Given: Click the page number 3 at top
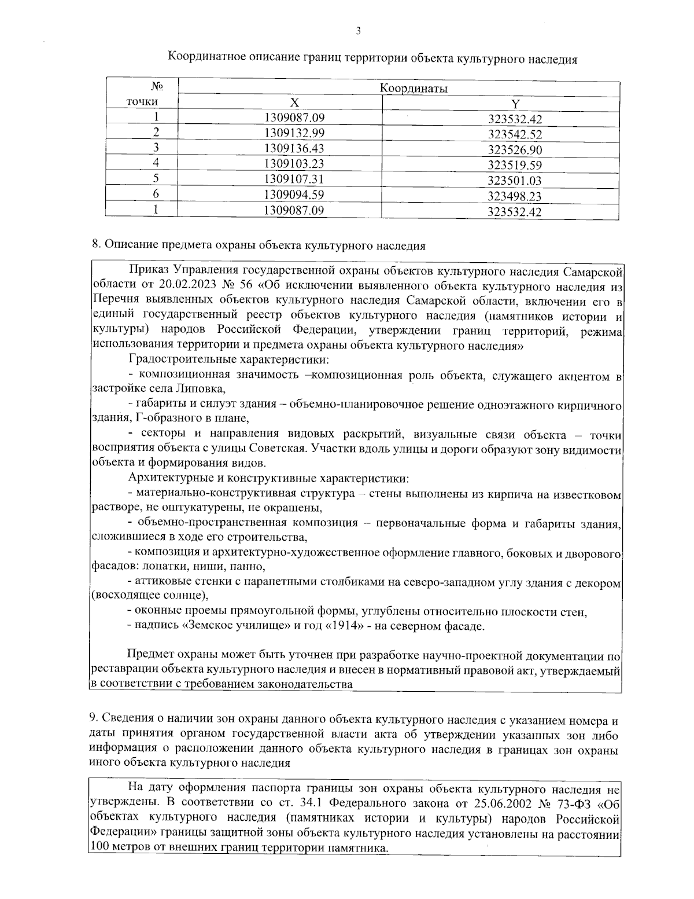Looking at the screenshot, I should point(358,31).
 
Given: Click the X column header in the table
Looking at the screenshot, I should point(294,103).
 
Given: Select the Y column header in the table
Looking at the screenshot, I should point(515,104).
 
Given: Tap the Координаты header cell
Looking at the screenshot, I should point(414,89).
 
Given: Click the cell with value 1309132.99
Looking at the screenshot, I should point(294,133).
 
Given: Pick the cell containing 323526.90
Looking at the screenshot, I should point(515,150).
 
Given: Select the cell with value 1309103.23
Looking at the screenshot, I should point(294,163).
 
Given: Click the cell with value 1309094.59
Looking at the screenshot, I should point(294,195).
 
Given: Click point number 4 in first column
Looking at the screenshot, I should point(156,163).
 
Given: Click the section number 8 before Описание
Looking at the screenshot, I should point(95,245).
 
